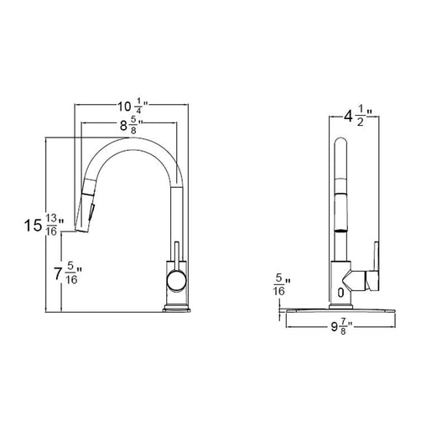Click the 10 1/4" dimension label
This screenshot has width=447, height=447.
click(133, 106)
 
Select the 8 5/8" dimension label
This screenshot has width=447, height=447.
click(131, 126)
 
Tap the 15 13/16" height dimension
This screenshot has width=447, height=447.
click(44, 226)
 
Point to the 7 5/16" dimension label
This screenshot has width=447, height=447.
click(68, 273)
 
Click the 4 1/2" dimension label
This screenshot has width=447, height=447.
click(358, 116)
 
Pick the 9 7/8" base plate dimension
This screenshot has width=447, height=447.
click(342, 327)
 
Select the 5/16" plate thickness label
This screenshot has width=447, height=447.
click(282, 284)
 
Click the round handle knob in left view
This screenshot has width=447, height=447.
click(176, 281)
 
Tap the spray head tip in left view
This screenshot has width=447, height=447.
click(82, 229)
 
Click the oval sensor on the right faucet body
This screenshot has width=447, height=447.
click(340, 293)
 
